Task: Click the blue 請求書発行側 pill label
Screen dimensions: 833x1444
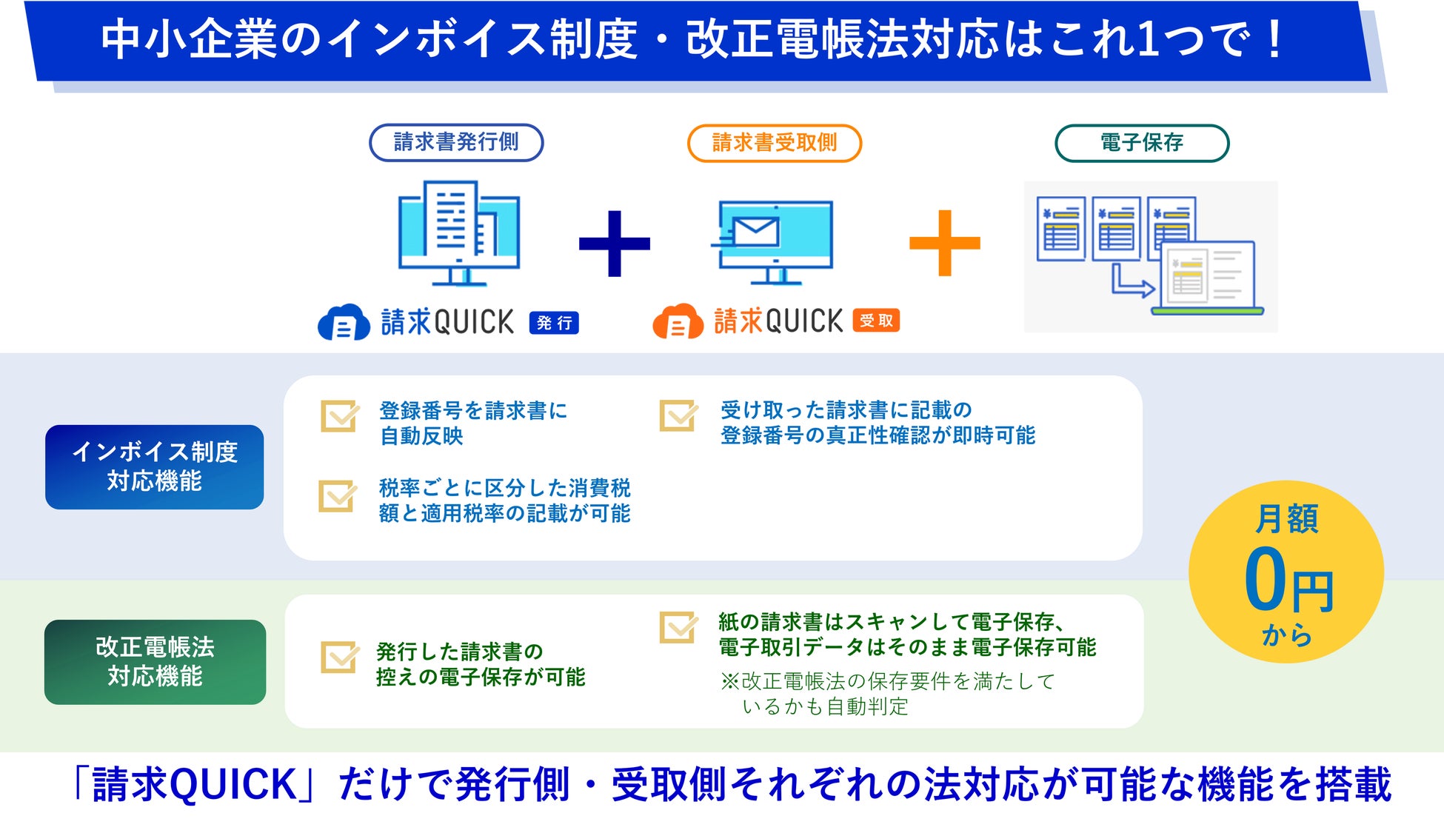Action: (456, 142)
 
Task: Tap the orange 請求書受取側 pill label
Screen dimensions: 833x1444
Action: (775, 143)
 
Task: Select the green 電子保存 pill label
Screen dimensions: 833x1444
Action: (1142, 143)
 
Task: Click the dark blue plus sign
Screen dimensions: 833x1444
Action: (614, 244)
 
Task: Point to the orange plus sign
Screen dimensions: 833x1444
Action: (944, 243)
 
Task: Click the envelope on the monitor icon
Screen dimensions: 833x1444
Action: (755, 232)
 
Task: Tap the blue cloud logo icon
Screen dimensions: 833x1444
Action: (344, 323)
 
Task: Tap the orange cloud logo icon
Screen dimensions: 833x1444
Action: (678, 322)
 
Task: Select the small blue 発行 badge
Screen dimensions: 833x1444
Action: (554, 323)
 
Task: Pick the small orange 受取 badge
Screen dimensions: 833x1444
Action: (876, 321)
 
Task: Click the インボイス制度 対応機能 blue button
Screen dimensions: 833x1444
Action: (154, 466)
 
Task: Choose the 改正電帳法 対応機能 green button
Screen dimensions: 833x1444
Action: (155, 662)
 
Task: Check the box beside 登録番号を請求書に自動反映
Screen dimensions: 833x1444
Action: (339, 416)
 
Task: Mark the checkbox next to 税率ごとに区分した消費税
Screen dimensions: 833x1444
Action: (338, 496)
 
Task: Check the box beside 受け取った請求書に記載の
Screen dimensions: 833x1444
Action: (678, 415)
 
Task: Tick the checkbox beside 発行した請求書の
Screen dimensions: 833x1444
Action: (339, 657)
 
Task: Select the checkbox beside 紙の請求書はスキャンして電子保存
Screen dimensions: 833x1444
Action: (678, 627)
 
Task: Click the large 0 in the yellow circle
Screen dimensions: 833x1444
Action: (1265, 581)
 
